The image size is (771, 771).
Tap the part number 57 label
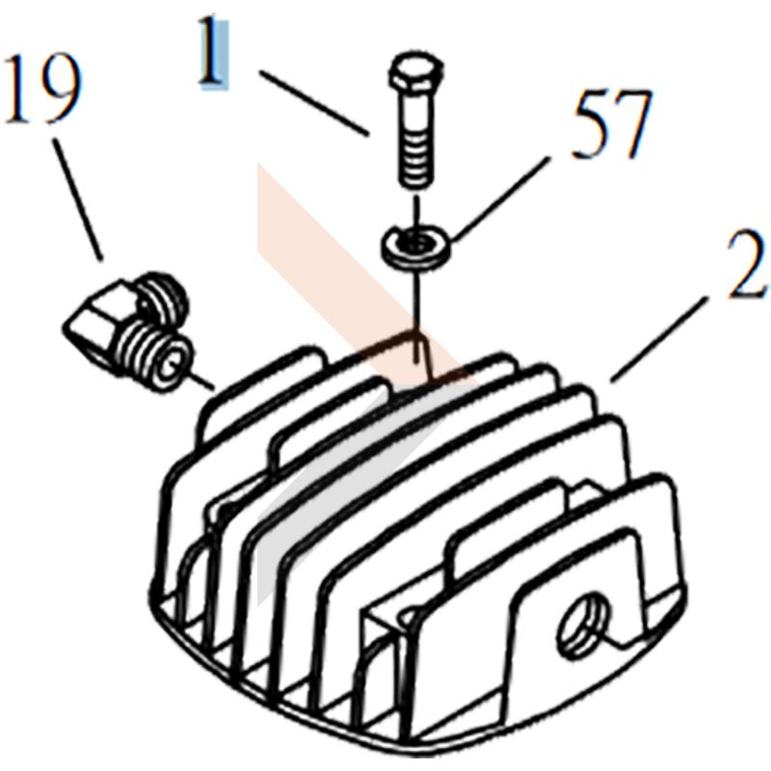(612, 124)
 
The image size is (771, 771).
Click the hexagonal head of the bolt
(416, 73)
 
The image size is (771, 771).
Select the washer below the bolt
(416, 246)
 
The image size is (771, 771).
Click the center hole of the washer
(417, 241)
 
